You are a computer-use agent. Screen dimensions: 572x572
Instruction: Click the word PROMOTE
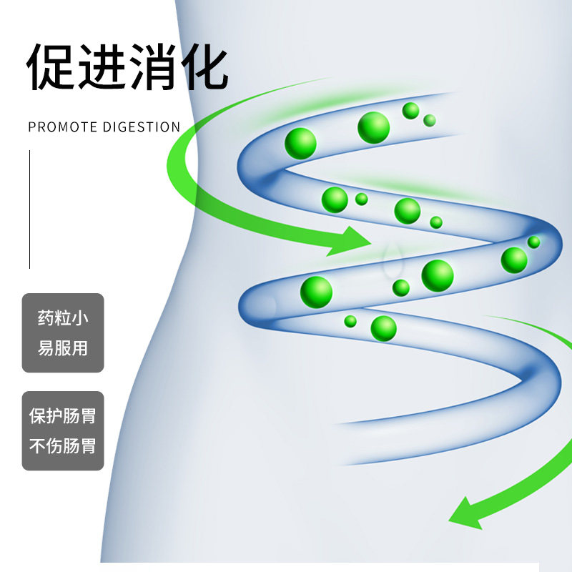[x=62, y=127]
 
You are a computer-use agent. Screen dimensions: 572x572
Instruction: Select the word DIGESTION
[x=142, y=127]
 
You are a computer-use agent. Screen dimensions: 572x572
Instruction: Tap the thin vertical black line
[x=29, y=209]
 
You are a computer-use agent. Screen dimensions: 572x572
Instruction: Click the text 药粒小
[x=63, y=317]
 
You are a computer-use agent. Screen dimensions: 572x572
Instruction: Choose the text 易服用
[x=63, y=347]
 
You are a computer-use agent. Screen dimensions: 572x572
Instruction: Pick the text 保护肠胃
[x=63, y=415]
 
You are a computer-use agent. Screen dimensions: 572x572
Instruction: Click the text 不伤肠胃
[x=63, y=445]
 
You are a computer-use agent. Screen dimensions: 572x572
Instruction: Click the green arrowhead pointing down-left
[x=465, y=513]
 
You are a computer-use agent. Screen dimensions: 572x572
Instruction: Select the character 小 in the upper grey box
[x=80, y=317]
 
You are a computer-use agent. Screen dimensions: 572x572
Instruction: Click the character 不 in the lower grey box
[x=37, y=445]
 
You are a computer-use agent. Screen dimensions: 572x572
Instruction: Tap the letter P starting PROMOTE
[x=32, y=127]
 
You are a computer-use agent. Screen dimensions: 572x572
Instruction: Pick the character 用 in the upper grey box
[x=80, y=347]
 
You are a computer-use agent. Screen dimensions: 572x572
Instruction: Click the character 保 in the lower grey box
[x=37, y=415]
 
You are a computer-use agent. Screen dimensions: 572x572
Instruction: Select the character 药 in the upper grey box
[x=46, y=317]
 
